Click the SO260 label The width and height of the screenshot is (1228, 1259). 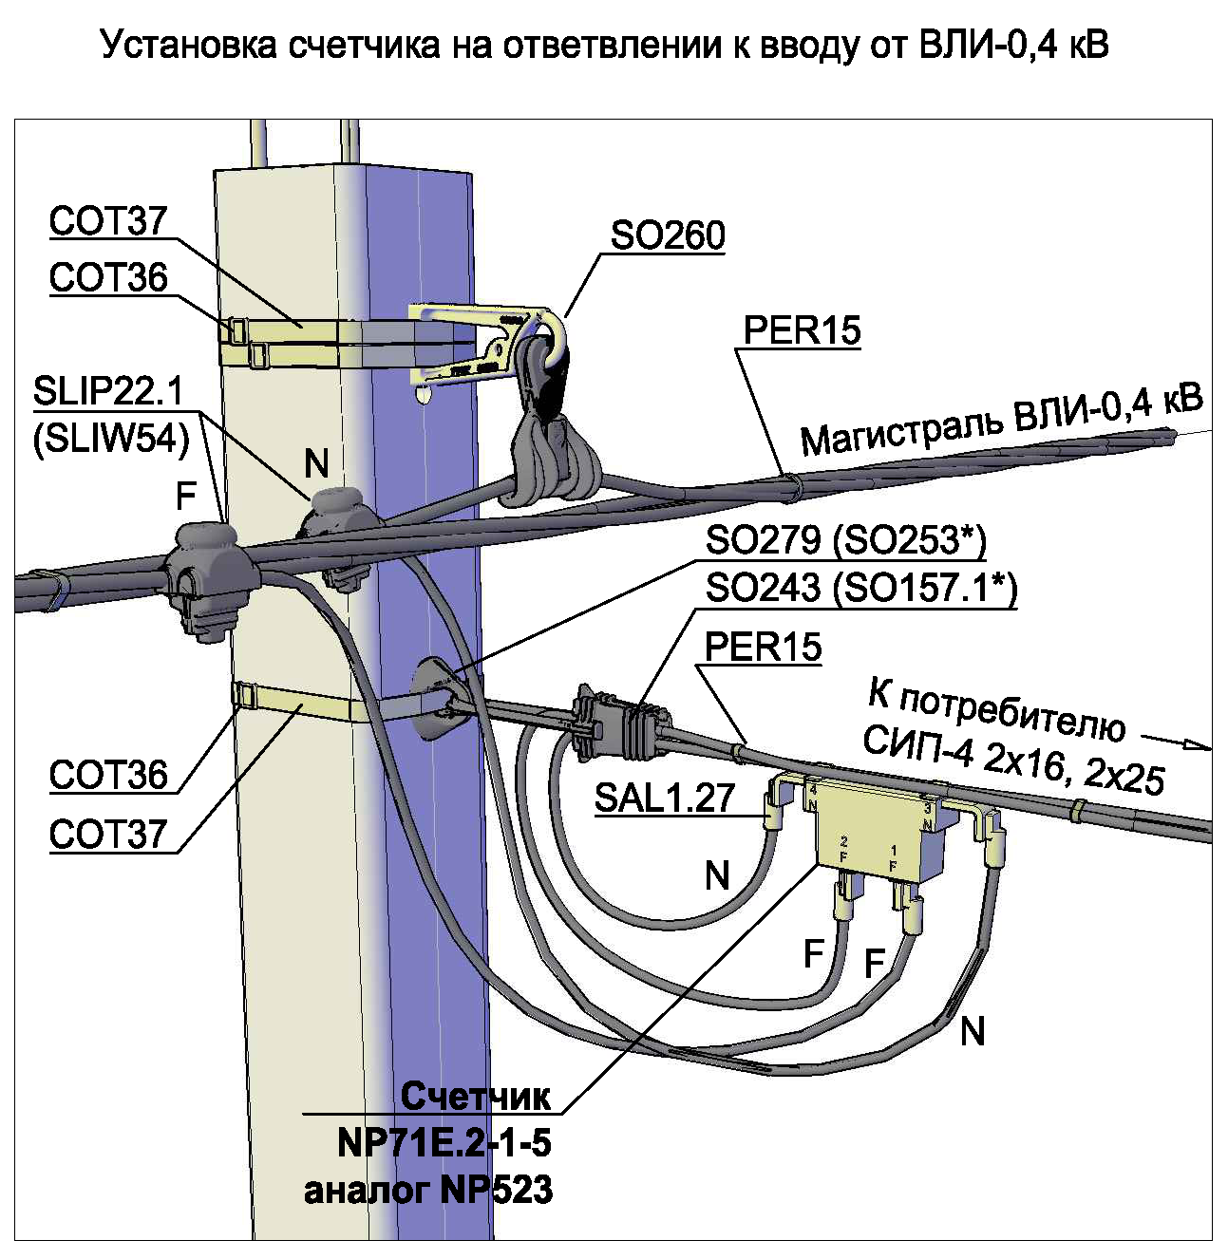668,235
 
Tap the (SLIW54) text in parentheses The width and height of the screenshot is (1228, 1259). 110,440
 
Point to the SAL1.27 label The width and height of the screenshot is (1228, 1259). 665,797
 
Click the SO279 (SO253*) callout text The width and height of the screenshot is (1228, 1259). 845,539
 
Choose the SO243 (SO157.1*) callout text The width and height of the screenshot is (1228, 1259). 861,588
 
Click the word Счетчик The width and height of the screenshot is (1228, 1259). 476,1096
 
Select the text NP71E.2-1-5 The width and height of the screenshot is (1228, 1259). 444,1143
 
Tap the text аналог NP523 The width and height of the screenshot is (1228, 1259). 428,1190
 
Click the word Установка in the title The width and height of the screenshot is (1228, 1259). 189,46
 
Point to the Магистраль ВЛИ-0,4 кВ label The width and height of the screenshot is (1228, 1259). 1002,422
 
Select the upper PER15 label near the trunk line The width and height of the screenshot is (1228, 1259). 803,330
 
